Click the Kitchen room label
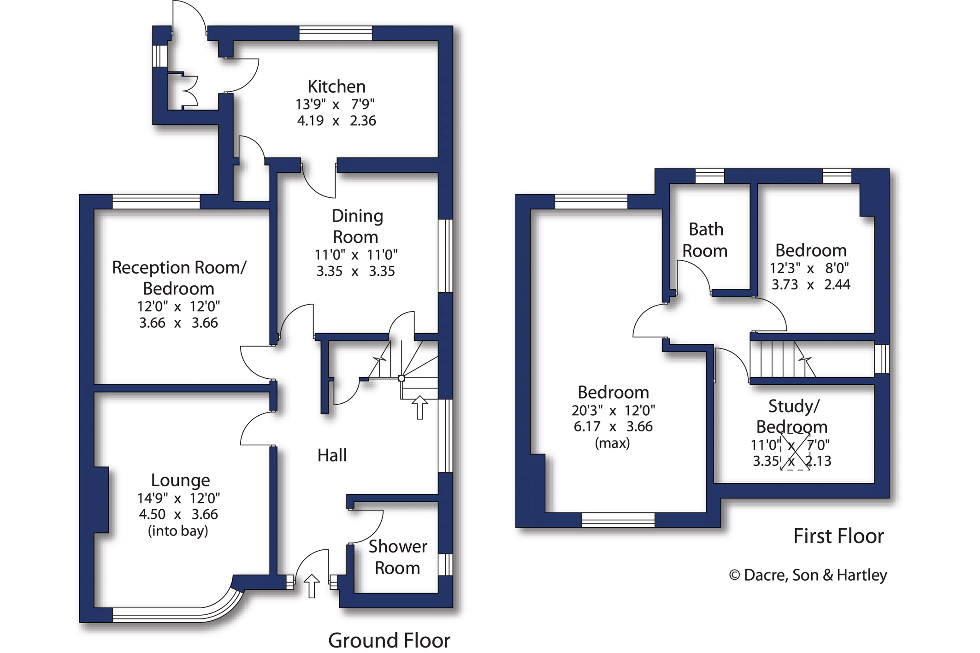[336, 87]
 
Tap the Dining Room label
[357, 226]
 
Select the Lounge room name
[180, 480]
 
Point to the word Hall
[332, 455]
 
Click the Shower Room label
[397, 557]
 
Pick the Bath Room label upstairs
[705, 240]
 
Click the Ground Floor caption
[389, 641]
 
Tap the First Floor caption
[838, 536]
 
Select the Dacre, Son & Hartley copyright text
[808, 575]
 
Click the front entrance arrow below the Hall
[312, 586]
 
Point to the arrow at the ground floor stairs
[419, 407]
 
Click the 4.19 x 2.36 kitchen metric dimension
[336, 121]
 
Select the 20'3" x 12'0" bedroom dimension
[613, 410]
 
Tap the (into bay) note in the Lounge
[178, 531]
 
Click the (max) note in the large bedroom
[612, 443]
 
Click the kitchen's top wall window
[335, 33]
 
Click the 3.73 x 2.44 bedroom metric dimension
[810, 284]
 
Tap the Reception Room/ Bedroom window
[156, 201]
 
